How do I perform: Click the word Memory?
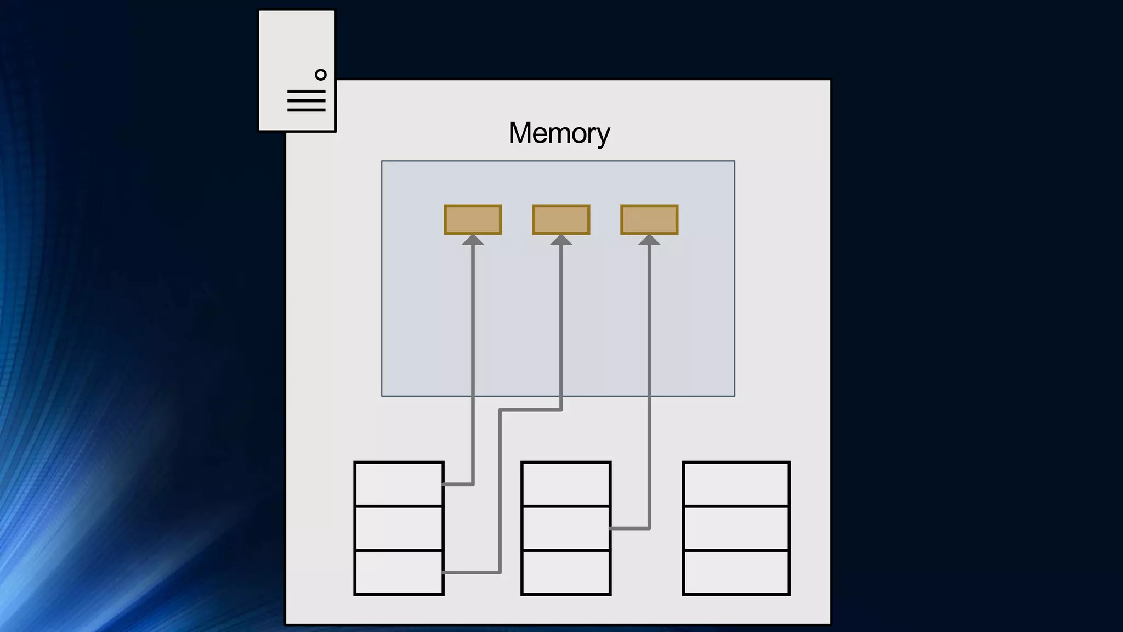pyautogui.click(x=559, y=133)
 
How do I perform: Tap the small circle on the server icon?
pyautogui.click(x=321, y=75)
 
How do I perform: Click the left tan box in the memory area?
pyautogui.click(x=473, y=219)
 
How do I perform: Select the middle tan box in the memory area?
pyautogui.click(x=561, y=219)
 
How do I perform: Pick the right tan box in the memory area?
pyautogui.click(x=649, y=219)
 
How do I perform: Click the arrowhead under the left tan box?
pyautogui.click(x=473, y=240)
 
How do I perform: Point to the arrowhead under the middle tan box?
pyautogui.click(x=561, y=240)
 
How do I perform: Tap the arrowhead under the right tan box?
pyautogui.click(x=649, y=240)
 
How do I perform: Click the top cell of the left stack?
pyautogui.click(x=399, y=484)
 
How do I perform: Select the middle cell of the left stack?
pyautogui.click(x=399, y=528)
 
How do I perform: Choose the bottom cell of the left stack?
pyautogui.click(x=399, y=572)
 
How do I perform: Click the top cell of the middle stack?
pyautogui.click(x=566, y=484)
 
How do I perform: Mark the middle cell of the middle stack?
pyautogui.click(x=566, y=528)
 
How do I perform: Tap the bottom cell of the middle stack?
pyautogui.click(x=566, y=572)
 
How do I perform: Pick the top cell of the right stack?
pyautogui.click(x=736, y=484)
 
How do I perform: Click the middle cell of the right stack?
pyautogui.click(x=736, y=528)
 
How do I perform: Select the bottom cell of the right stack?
pyautogui.click(x=736, y=572)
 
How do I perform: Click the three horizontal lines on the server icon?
pyautogui.click(x=307, y=101)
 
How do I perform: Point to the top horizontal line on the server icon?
pyautogui.click(x=307, y=92)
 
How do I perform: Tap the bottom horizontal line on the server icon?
pyautogui.click(x=307, y=110)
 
